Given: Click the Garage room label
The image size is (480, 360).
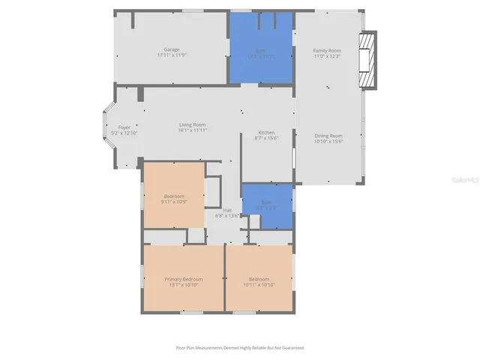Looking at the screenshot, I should pos(171,49).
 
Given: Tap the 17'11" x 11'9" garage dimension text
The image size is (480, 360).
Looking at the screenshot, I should pos(171,55).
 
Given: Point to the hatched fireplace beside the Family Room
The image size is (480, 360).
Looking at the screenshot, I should pos(367,60).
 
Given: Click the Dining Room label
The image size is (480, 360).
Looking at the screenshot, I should pos(328,135).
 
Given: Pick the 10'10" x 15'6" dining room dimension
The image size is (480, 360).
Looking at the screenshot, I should pos(328,141).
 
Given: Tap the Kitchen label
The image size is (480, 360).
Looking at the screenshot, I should pos(267,132).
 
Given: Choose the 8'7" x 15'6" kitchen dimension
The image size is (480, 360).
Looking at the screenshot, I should pos(267,138).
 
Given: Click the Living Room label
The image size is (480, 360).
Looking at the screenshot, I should pos(192,124).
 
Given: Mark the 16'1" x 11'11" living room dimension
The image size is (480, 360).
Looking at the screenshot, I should pos(192,130).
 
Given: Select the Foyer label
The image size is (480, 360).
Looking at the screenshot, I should pos(124,127).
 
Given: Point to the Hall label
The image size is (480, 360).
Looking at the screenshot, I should pos(226,210).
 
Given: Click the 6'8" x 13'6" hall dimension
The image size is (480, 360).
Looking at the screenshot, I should pos(226,216).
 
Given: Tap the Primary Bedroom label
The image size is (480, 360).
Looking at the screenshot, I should pos(184,279).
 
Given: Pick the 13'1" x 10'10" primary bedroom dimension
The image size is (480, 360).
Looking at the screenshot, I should pos(184,285).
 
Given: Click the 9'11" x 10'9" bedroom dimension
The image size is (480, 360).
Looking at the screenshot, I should pos(173,202).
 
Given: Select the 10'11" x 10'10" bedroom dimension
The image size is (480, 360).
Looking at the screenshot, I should pos(259,285).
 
